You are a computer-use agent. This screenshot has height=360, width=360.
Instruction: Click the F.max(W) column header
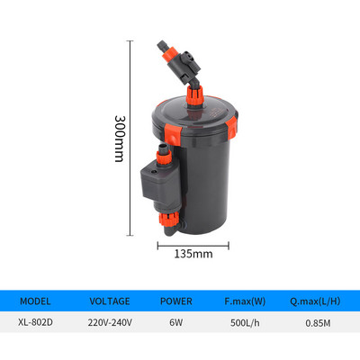pos(246,302)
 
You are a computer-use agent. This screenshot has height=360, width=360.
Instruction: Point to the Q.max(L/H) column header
pos(315,302)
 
